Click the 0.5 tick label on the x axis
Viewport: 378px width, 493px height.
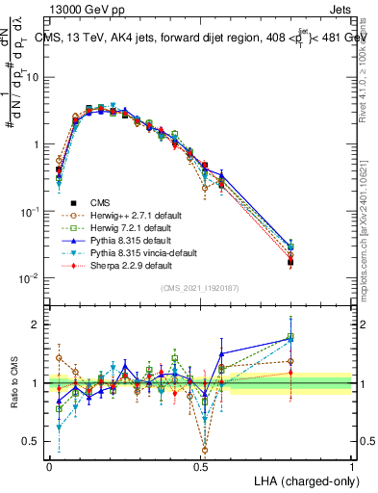click(x=200, y=466)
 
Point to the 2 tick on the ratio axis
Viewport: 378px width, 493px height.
click(x=38, y=324)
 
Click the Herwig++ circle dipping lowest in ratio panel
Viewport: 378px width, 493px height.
click(x=205, y=449)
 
